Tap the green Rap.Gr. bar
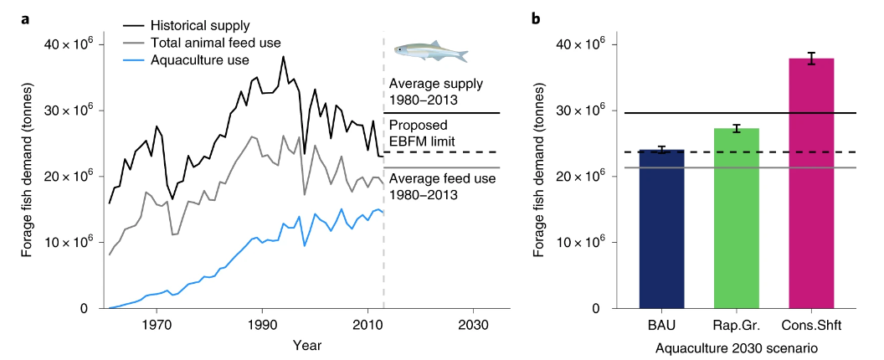click(x=737, y=218)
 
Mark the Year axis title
click(x=307, y=344)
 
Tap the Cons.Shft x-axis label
click(x=811, y=325)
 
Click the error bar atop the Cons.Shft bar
click(x=811, y=58)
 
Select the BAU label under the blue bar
click(x=661, y=325)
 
